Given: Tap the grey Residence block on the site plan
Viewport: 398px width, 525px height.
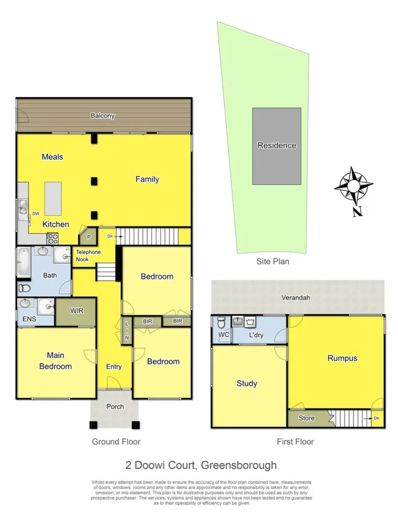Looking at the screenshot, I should pyautogui.click(x=277, y=146).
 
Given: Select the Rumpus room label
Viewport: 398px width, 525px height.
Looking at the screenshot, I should pyautogui.click(x=342, y=358).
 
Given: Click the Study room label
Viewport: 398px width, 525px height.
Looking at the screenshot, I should pyautogui.click(x=247, y=383).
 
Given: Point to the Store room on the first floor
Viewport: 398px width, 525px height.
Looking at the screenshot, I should pyautogui.click(x=307, y=418).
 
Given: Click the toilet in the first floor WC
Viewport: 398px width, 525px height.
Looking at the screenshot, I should pyautogui.click(x=221, y=323).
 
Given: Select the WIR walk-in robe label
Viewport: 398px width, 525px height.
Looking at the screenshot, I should pyautogui.click(x=77, y=311).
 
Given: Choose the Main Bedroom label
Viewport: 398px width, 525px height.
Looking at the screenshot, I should pyautogui.click(x=55, y=361).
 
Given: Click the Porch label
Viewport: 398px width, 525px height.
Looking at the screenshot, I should pyautogui.click(x=115, y=406).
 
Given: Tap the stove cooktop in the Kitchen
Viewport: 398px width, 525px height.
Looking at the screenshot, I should pyautogui.click(x=53, y=239).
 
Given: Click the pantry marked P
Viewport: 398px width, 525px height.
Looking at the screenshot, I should pyautogui.click(x=89, y=237).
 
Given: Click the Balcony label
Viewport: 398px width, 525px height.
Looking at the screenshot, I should pyautogui.click(x=102, y=116).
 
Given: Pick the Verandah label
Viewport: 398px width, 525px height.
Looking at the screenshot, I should pyautogui.click(x=297, y=297).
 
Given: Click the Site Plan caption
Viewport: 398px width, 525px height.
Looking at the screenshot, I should pyautogui.click(x=273, y=261).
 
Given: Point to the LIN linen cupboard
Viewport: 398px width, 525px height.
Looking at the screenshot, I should pyautogui.click(x=127, y=331).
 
